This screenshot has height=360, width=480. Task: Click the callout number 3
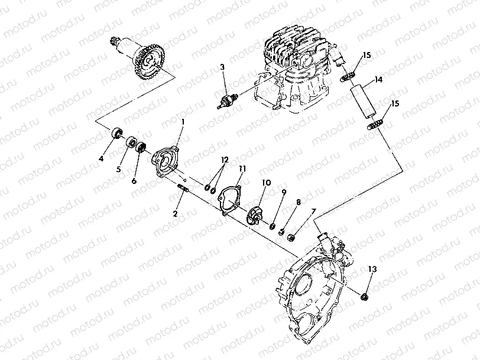[223, 67]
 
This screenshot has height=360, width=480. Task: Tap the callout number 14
[378, 79]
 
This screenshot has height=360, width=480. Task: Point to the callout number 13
[371, 269]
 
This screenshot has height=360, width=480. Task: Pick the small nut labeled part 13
[366, 293]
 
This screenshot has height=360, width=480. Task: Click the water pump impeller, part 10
[256, 213]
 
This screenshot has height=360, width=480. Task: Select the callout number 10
[266, 183]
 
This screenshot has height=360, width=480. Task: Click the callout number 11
[242, 168]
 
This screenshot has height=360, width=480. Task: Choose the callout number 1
[183, 121]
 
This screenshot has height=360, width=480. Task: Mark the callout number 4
[101, 158]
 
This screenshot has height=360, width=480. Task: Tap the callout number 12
[224, 160]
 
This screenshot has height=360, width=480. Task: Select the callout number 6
[134, 180]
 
